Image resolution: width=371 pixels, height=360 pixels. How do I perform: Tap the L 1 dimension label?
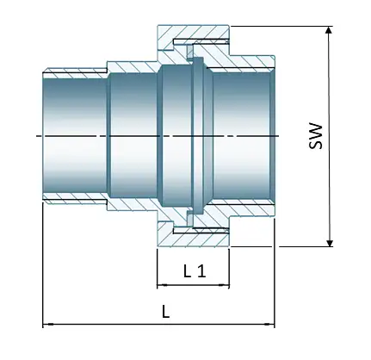[x=195, y=271]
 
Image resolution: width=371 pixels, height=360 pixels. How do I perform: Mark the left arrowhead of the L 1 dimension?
[x=161, y=284]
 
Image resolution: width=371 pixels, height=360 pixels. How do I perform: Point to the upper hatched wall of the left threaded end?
[x=73, y=68]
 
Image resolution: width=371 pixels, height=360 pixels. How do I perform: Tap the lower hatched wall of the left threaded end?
[x=73, y=204]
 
